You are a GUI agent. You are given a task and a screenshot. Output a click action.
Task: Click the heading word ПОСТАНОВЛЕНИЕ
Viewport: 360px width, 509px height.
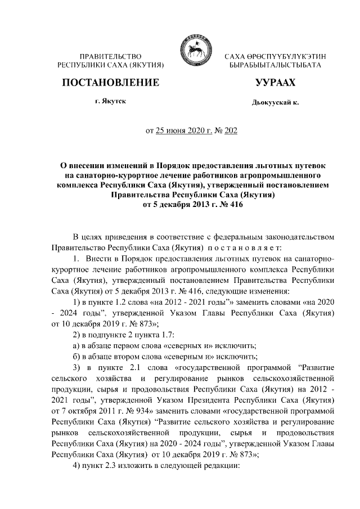pyautogui.click(x=110, y=83)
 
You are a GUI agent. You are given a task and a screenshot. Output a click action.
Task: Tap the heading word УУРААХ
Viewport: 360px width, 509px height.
pyautogui.click(x=276, y=83)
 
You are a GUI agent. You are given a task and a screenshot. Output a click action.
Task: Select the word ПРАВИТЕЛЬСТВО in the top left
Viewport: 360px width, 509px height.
pyautogui.click(x=110, y=57)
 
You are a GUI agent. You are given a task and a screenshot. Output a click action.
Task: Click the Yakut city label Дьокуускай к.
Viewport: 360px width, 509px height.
pyautogui.click(x=275, y=103)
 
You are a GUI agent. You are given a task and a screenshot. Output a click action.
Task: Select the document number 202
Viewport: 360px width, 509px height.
pyautogui.click(x=231, y=132)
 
